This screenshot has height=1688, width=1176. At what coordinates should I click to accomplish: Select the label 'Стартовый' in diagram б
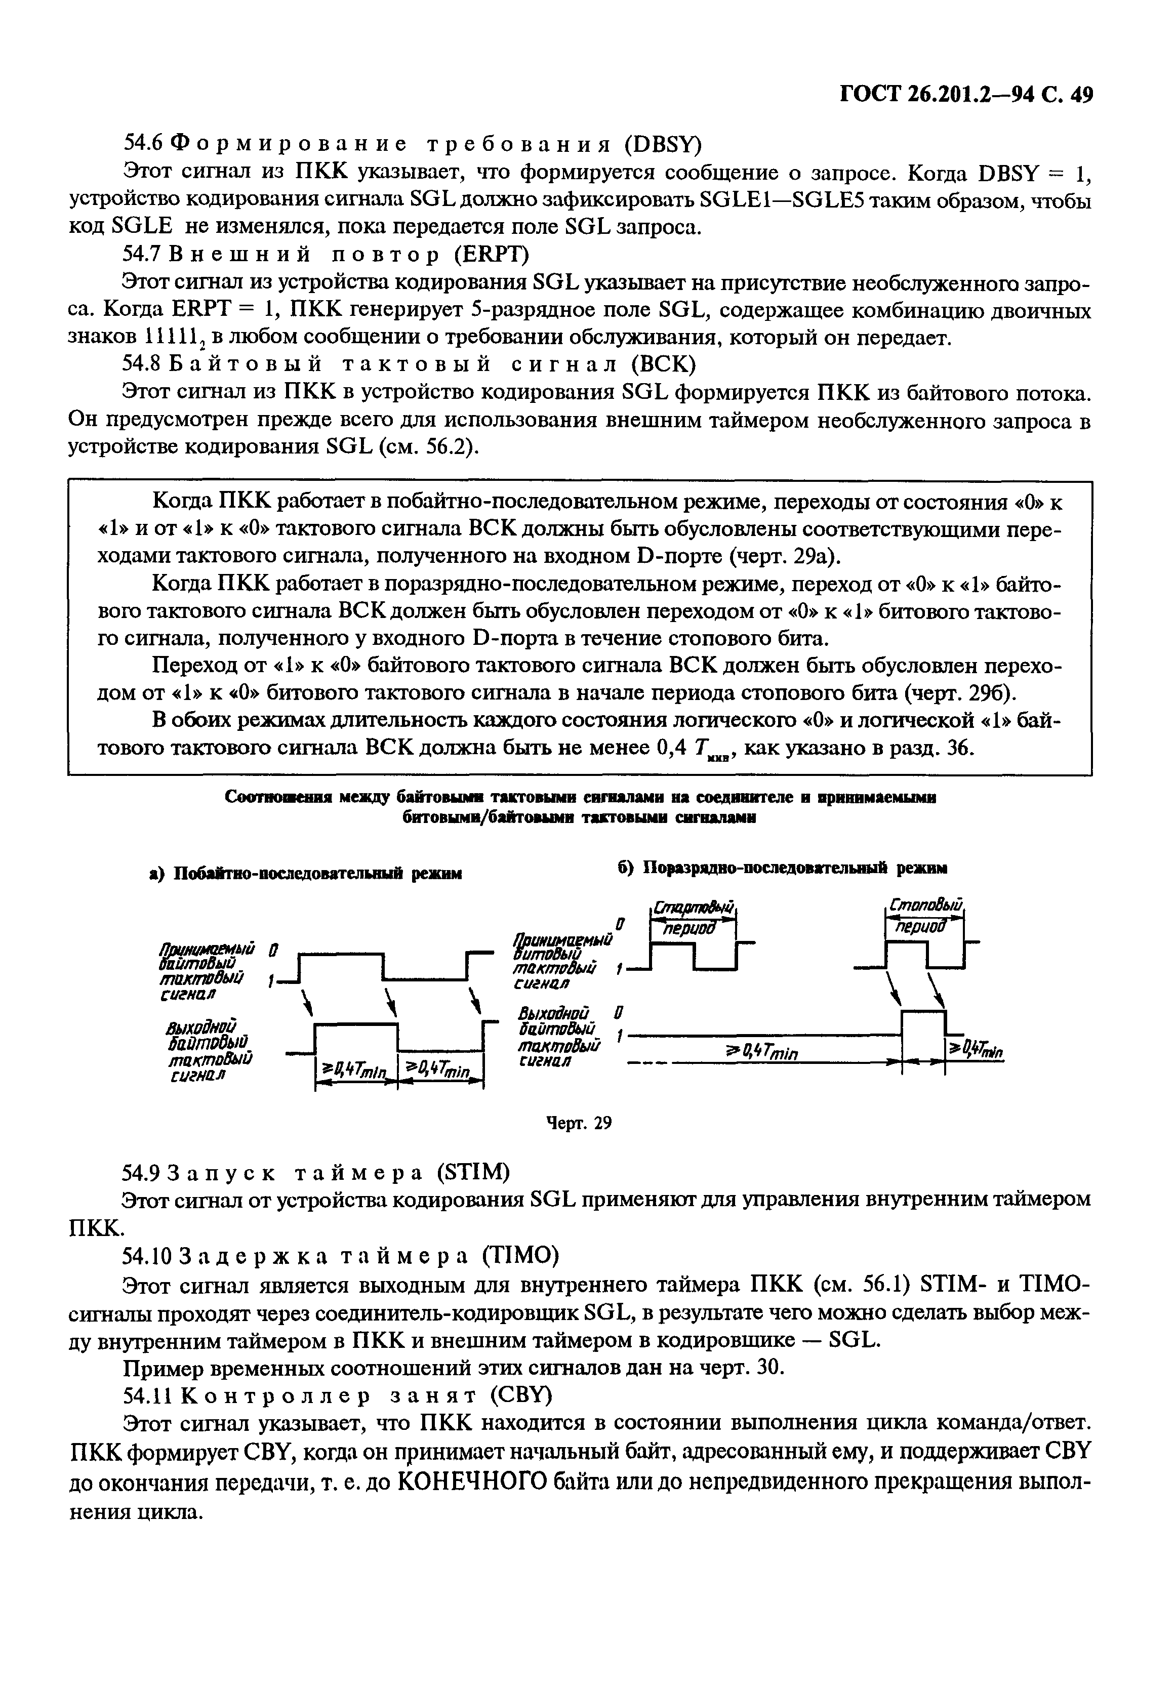coord(693,908)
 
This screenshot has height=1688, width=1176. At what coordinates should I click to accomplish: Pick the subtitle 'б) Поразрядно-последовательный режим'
coord(781,868)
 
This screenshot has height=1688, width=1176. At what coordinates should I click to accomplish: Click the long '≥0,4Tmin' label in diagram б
coord(762,1054)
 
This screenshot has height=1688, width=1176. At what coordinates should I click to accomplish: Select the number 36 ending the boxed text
coord(958,749)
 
